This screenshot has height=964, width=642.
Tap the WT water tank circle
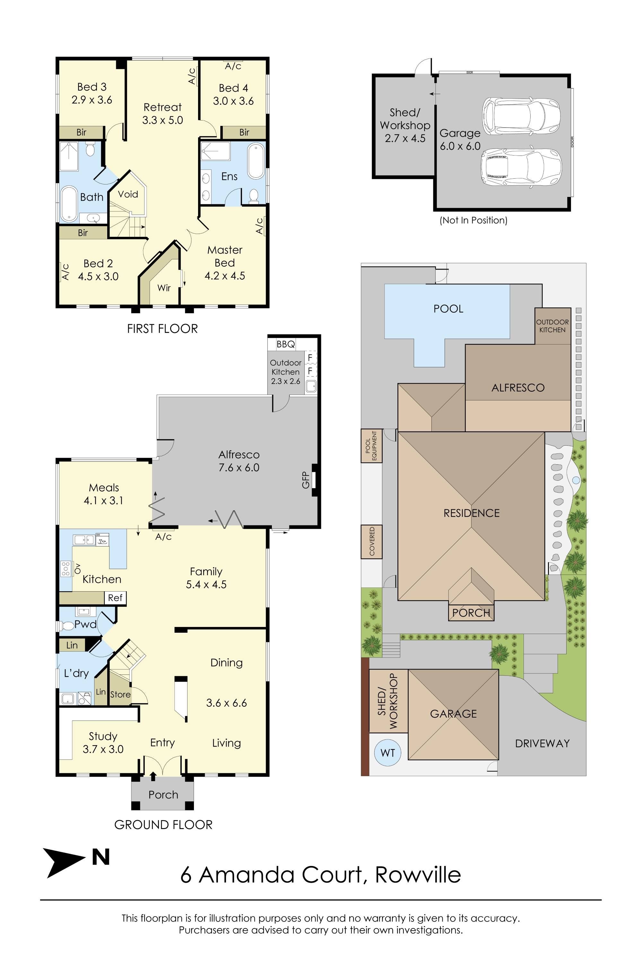tap(387, 753)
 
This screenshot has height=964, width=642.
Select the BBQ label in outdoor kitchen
tap(285, 344)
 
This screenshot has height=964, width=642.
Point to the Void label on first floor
tap(128, 194)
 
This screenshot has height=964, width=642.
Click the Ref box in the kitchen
tap(115, 598)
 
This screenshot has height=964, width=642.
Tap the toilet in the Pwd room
tap(66, 626)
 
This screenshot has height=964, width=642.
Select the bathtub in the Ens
tap(256, 161)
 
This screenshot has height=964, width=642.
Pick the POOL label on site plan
tap(448, 308)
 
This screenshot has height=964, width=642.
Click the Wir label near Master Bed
tap(164, 288)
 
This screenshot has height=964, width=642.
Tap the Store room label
tap(120, 695)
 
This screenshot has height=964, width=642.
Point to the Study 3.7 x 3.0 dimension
tap(103, 749)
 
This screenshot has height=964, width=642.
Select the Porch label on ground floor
tap(163, 795)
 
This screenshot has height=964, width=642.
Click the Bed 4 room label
tap(233, 88)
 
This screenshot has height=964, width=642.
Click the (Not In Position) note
tap(473, 220)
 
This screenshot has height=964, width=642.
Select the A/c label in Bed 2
tap(65, 272)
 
